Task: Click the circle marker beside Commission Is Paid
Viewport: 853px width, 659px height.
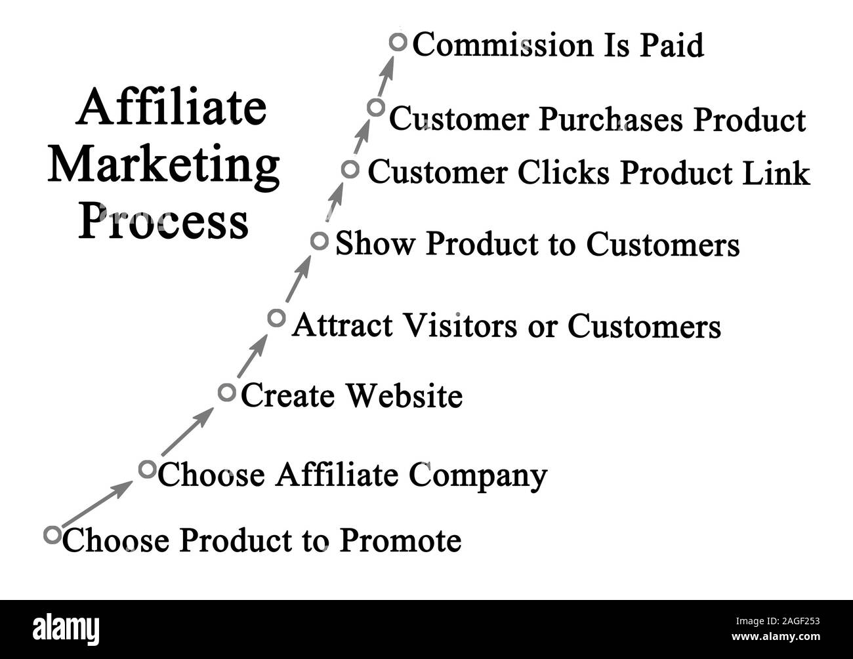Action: (398, 43)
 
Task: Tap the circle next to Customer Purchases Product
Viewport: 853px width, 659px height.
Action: (375, 108)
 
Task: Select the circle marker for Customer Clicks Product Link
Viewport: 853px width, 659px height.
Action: (350, 170)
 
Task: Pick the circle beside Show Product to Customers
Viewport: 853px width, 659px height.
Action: (319, 241)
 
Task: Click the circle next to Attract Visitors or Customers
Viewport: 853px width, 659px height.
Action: (276, 318)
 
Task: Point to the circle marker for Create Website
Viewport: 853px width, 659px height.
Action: (226, 393)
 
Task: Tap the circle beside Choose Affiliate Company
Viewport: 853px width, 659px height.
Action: (148, 469)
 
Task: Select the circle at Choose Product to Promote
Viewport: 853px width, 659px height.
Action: (52, 534)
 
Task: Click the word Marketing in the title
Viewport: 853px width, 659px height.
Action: (164, 166)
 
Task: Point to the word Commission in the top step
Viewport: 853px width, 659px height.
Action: (503, 45)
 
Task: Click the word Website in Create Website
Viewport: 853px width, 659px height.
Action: (404, 395)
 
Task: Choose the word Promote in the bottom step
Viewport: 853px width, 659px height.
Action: (400, 541)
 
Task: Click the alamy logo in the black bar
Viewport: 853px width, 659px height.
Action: (66, 628)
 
